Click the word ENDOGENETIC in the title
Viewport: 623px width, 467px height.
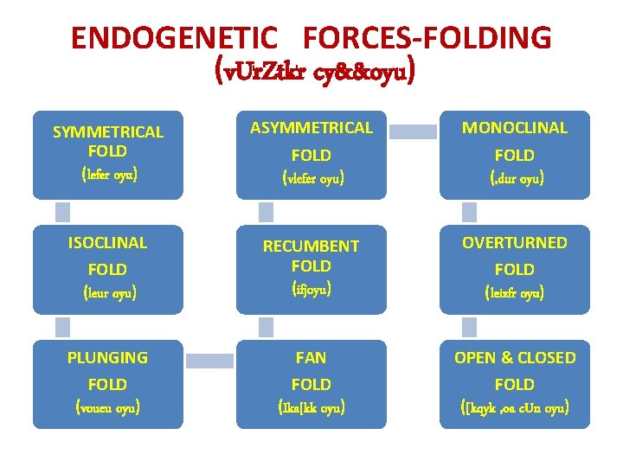point(175,38)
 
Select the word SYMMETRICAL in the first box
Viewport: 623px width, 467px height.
point(108,132)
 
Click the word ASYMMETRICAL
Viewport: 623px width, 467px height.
point(311,128)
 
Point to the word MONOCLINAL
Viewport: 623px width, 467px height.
point(515,128)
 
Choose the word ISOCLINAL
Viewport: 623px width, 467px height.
point(108,242)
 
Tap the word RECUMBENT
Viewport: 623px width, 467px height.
point(311,246)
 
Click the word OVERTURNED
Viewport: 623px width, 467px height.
point(515,242)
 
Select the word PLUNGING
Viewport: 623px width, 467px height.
point(108,357)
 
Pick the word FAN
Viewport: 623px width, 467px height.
point(311,357)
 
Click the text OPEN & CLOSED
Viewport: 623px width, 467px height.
point(515,357)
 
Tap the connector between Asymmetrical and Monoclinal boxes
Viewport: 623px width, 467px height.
point(413,131)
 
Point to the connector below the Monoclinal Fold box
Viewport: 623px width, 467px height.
point(469,212)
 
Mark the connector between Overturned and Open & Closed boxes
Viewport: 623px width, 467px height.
point(469,326)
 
